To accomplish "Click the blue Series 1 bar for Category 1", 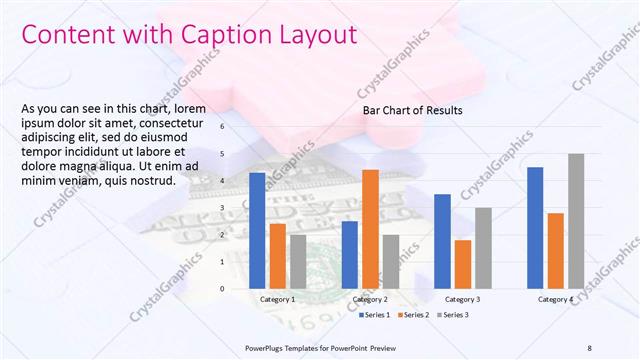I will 257,231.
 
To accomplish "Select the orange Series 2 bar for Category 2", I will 370,229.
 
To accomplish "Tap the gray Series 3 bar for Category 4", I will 575,221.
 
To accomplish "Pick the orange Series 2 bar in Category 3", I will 462,264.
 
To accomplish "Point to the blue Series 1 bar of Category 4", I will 535,227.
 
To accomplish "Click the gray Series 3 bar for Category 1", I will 297,261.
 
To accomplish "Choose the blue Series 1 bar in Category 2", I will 350,255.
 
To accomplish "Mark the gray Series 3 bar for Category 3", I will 482,248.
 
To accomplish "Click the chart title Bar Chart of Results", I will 411,110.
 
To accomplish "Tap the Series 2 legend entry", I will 416,315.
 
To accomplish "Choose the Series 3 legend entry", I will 453,315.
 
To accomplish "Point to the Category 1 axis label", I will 277,300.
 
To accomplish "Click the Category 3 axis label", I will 462,300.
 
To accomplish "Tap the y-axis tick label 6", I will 237,127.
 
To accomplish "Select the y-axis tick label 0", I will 237,289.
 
